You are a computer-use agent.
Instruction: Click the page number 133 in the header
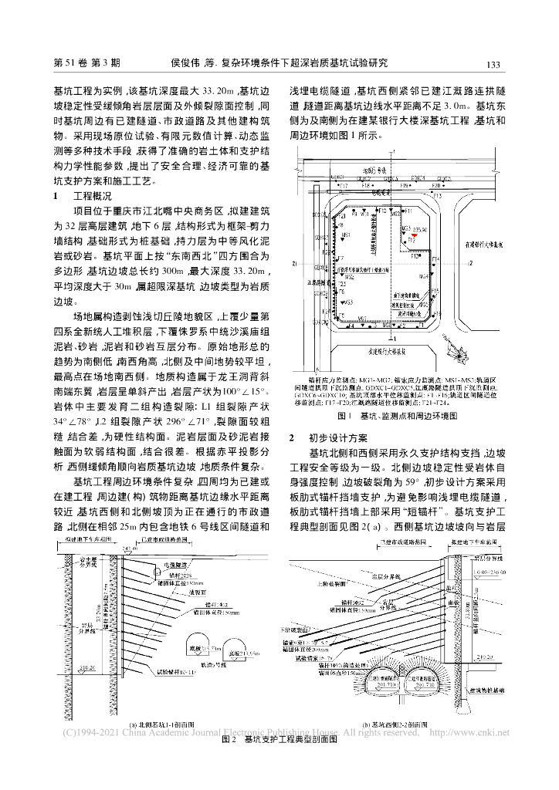[495, 64]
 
